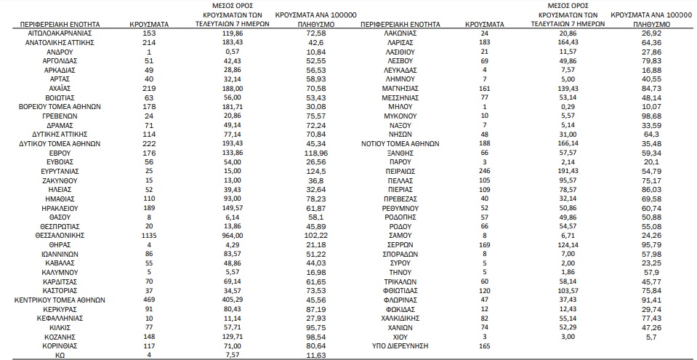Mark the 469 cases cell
tap(150, 299)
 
